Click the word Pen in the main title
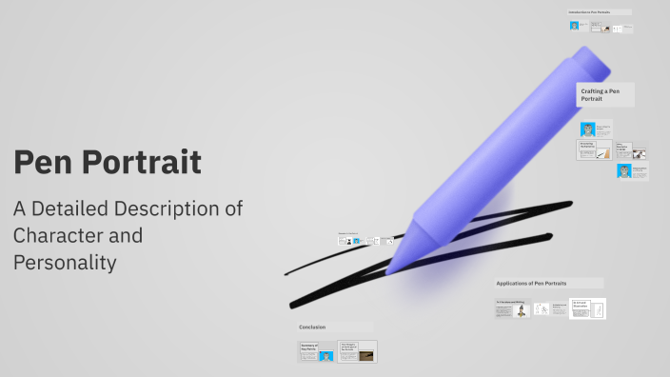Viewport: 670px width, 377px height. pyautogui.click(x=41, y=162)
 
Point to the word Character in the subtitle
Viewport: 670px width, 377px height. pyautogui.click(x=60, y=235)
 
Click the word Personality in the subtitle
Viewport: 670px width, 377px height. pyautogui.click(x=65, y=262)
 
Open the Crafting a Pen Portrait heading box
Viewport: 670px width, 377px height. pyautogui.click(x=604, y=93)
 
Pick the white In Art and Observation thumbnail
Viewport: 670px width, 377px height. pyautogui.click(x=587, y=308)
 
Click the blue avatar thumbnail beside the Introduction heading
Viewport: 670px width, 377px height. pyautogui.click(x=574, y=26)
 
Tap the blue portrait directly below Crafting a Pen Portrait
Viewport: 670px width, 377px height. pyautogui.click(x=587, y=129)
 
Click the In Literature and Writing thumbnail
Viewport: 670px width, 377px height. pyautogui.click(x=513, y=308)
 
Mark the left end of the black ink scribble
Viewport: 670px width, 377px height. pyautogui.click(x=286, y=274)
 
